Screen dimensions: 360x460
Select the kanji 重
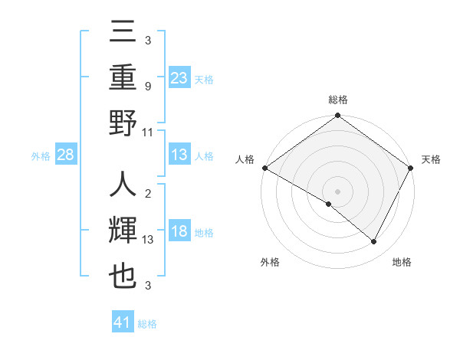coord(123,77)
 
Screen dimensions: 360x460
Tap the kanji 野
coord(123,123)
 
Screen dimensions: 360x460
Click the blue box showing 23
coord(179,77)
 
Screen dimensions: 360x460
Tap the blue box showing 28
coord(66,155)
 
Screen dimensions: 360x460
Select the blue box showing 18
coord(179,232)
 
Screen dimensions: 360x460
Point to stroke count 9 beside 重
coord(147,87)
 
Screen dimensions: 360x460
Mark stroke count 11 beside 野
coord(147,133)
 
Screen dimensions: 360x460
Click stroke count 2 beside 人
coord(147,194)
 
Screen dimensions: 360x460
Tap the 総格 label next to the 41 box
coord(147,324)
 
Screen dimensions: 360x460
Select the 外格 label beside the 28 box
coord(41,156)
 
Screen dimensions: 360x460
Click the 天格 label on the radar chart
coord(431,159)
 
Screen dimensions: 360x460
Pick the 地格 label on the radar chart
coord(402,263)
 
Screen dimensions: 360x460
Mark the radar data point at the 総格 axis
coord(337,116)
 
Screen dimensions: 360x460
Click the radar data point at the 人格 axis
coord(264,168)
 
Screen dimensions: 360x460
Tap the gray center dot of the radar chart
coord(337,191)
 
